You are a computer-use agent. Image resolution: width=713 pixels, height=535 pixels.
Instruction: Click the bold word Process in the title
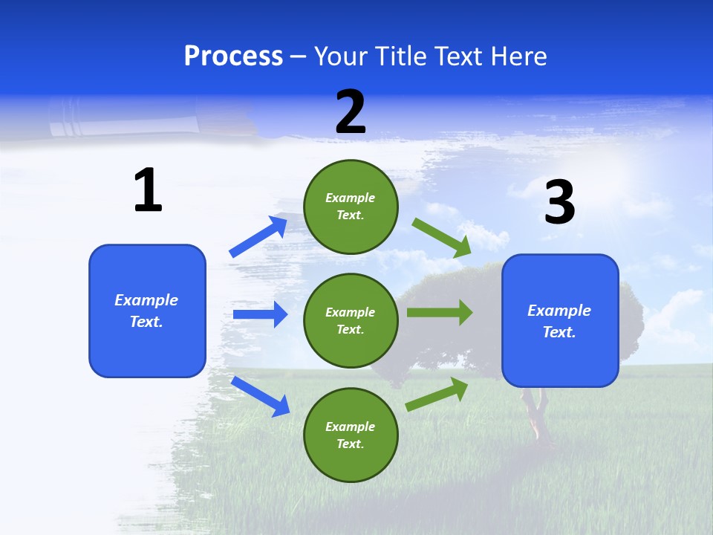click(233, 56)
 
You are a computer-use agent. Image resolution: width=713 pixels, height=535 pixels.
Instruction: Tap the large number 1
click(148, 190)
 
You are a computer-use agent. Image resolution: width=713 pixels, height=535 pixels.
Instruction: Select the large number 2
click(351, 112)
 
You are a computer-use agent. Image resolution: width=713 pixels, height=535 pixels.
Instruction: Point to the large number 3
click(559, 202)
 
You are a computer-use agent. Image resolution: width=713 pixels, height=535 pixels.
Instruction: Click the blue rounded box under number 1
click(147, 311)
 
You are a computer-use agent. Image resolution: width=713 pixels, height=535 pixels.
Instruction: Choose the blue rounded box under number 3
click(560, 321)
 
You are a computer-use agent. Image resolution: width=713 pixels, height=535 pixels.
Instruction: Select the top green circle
click(351, 207)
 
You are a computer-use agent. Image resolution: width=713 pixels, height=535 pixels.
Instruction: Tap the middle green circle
click(351, 321)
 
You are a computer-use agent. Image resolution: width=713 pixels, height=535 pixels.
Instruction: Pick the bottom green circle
click(351, 435)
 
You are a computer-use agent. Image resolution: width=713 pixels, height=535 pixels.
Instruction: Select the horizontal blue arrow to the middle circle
click(260, 314)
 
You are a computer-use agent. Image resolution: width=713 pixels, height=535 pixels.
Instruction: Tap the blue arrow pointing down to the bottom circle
click(260, 396)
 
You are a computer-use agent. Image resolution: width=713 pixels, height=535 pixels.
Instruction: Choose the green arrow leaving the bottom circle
click(437, 394)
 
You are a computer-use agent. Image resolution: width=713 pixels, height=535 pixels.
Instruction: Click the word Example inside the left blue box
click(146, 300)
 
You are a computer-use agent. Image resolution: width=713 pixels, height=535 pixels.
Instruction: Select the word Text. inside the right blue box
click(559, 332)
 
